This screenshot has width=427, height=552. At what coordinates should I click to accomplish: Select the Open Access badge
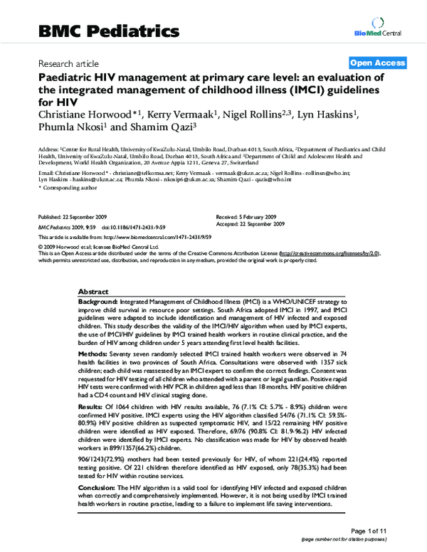click(x=376, y=63)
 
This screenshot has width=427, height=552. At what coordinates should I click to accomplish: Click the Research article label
click(x=68, y=63)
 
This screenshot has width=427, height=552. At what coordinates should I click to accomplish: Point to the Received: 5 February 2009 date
click(x=245, y=216)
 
